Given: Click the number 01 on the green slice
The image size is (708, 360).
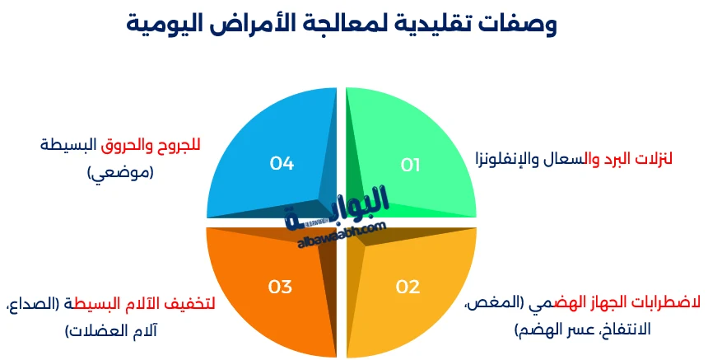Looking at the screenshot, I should coord(410,165).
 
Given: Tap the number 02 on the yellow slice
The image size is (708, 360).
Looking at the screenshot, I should coord(408,287).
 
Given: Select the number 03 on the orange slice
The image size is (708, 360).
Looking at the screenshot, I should coord(280,287).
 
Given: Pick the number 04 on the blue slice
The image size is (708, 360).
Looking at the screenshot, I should coord(282,163).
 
